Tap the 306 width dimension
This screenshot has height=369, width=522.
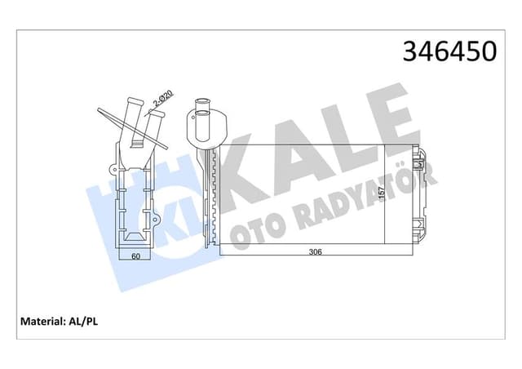coord(316,252)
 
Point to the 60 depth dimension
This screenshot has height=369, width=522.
coord(136,256)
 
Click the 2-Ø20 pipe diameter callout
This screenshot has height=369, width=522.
coord(162,101)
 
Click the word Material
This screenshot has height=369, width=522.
coord(42,320)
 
